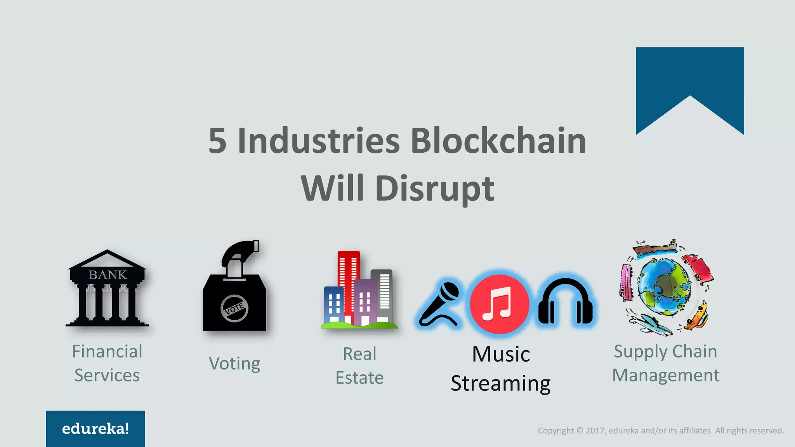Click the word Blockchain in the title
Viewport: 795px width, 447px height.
(498, 140)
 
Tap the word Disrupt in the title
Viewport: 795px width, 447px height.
(435, 189)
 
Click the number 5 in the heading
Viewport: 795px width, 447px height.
(217, 140)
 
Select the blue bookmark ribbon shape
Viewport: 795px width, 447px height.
(689, 78)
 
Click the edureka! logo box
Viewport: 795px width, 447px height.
(95, 428)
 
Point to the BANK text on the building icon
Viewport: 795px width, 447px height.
(108, 275)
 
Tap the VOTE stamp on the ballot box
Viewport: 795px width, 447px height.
(234, 308)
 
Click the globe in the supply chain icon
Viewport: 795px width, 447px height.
(665, 287)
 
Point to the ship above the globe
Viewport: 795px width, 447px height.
(655, 248)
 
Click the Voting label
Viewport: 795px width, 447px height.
(234, 364)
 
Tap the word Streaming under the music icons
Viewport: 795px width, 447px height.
(500, 384)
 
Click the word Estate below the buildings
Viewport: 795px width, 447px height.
(359, 378)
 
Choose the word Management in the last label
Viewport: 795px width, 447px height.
(666, 376)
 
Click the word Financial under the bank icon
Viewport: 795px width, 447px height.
(107, 352)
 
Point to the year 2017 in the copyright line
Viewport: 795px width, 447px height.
(594, 431)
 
